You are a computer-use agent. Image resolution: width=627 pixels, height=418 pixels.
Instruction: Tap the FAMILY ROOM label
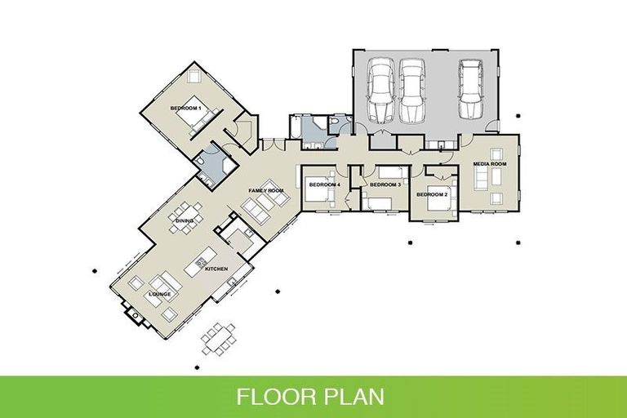click(x=265, y=190)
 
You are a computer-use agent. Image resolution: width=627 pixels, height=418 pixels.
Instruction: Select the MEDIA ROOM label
click(x=490, y=164)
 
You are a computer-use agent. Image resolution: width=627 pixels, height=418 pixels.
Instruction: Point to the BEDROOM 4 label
click(x=323, y=185)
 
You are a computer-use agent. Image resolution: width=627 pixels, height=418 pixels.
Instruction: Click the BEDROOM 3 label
click(x=385, y=185)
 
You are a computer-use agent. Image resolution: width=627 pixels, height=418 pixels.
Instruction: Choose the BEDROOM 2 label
click(x=432, y=195)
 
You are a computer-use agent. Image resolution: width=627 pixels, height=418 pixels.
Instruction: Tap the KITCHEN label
click(x=216, y=269)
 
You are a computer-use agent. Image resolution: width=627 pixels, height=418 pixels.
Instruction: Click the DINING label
click(x=184, y=220)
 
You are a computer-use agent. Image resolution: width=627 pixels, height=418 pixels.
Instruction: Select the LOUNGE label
click(x=159, y=293)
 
